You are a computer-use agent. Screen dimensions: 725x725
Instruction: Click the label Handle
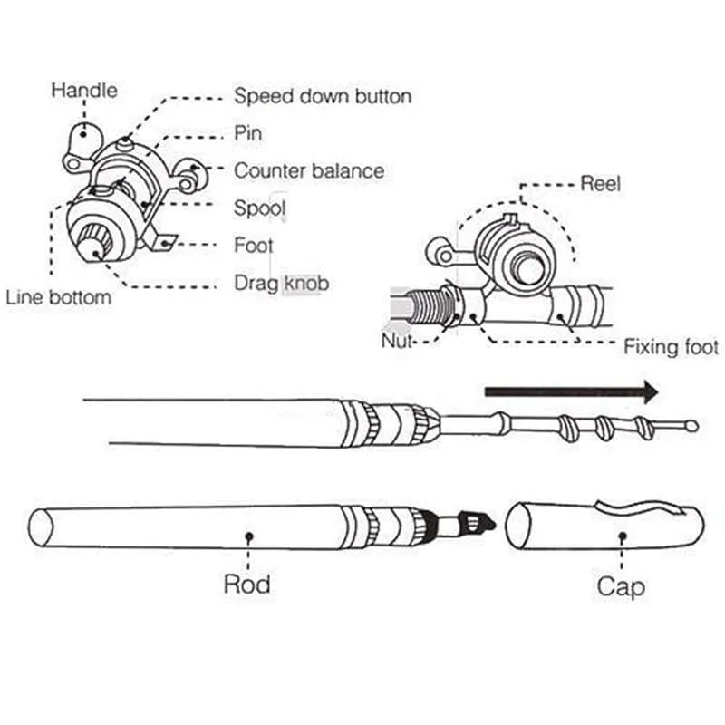point(83,91)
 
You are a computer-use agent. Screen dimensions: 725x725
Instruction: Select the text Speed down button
point(323,96)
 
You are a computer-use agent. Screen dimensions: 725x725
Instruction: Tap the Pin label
point(248,133)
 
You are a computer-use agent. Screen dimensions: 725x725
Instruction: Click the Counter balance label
point(308,170)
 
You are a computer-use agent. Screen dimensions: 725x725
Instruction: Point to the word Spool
point(260,208)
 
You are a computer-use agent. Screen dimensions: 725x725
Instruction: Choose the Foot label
point(253,246)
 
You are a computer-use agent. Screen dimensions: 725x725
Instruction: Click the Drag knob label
point(281,284)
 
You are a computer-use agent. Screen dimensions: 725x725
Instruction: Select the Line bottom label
point(59,297)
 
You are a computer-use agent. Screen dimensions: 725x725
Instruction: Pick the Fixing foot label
point(671,347)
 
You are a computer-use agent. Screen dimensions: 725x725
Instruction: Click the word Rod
point(247,584)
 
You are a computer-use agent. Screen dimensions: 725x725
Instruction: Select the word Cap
point(621,586)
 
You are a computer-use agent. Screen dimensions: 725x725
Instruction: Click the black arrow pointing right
point(571,392)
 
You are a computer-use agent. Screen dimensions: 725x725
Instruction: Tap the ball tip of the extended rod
point(692,425)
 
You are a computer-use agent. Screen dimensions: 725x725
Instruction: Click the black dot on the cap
point(622,536)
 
